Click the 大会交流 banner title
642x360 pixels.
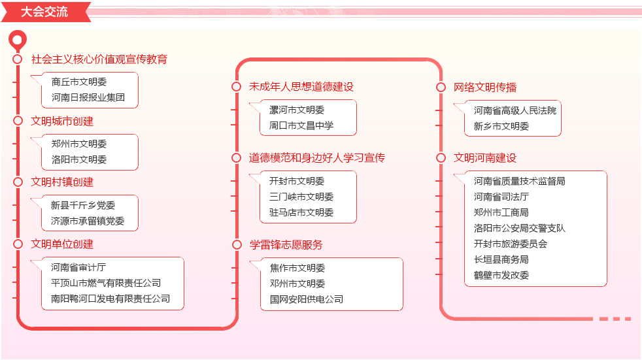click(44, 12)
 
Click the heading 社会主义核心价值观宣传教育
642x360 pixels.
click(99, 59)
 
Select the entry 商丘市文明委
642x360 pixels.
click(79, 82)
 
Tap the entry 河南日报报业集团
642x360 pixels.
click(88, 97)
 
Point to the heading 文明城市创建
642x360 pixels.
click(62, 121)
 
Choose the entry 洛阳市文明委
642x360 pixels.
click(79, 159)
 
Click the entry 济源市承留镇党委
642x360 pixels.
click(88, 221)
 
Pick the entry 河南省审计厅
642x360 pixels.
click(78, 267)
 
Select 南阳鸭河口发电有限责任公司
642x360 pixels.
click(110, 299)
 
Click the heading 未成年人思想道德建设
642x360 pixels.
click(301, 87)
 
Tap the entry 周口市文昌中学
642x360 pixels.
click(301, 125)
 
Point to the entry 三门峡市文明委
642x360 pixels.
click(301, 197)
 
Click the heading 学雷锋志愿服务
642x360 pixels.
click(286, 244)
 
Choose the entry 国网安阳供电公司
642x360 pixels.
click(306, 299)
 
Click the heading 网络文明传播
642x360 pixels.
click(485, 87)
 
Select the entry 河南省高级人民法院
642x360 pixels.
click(515, 110)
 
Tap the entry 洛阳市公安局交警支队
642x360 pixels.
click(520, 228)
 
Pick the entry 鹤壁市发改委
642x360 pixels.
click(501, 275)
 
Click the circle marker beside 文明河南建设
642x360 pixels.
click(441, 158)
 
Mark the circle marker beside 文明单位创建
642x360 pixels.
click(18, 244)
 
